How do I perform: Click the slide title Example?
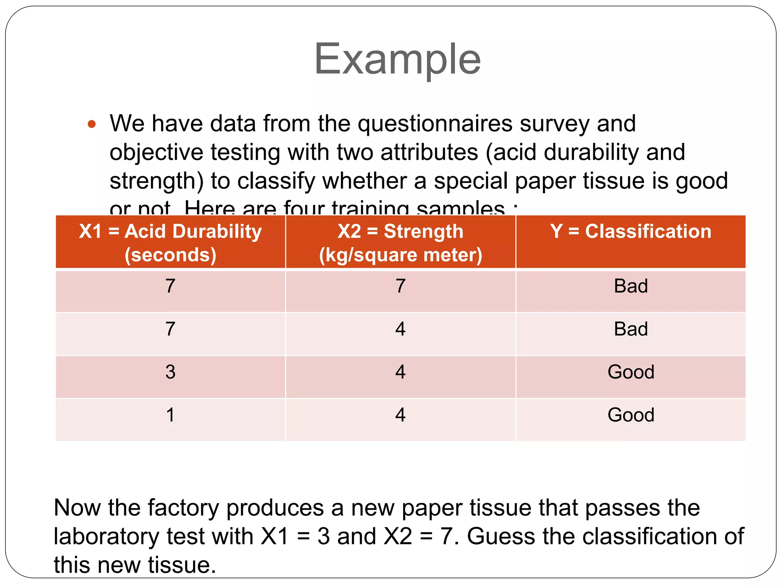(397, 59)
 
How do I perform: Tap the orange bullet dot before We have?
(92, 124)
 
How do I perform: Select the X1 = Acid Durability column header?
(170, 242)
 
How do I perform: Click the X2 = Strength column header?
(401, 242)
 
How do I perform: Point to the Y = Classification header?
(631, 232)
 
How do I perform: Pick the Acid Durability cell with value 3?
(170, 372)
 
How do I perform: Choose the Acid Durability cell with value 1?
(170, 415)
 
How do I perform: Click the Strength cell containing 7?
(400, 286)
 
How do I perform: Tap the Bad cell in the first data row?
(631, 286)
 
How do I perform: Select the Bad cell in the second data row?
(631, 329)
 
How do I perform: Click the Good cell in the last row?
(631, 415)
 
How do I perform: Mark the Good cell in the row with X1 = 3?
(631, 372)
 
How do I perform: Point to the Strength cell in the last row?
(400, 415)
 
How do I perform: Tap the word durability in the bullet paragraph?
(591, 153)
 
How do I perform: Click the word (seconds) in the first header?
(170, 255)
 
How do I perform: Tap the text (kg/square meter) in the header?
(401, 255)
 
